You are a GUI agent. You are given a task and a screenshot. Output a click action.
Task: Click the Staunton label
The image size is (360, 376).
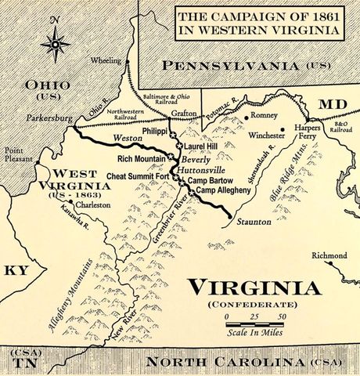click(253, 222)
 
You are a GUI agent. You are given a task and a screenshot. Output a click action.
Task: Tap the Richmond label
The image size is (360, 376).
click(329, 255)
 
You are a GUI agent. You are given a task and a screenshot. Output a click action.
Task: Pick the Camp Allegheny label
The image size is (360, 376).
click(223, 190)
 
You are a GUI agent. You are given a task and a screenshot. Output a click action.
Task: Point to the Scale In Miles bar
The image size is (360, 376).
click(254, 323)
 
